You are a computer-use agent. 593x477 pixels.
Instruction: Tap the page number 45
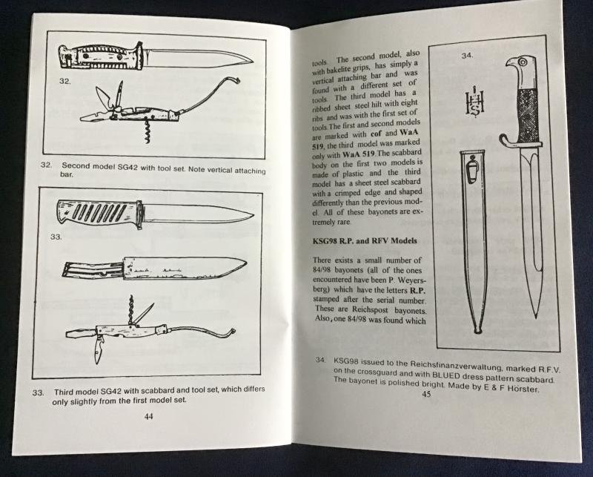pyautogui.click(x=425, y=394)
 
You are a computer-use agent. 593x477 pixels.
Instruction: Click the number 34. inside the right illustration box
pyautogui.click(x=468, y=56)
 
